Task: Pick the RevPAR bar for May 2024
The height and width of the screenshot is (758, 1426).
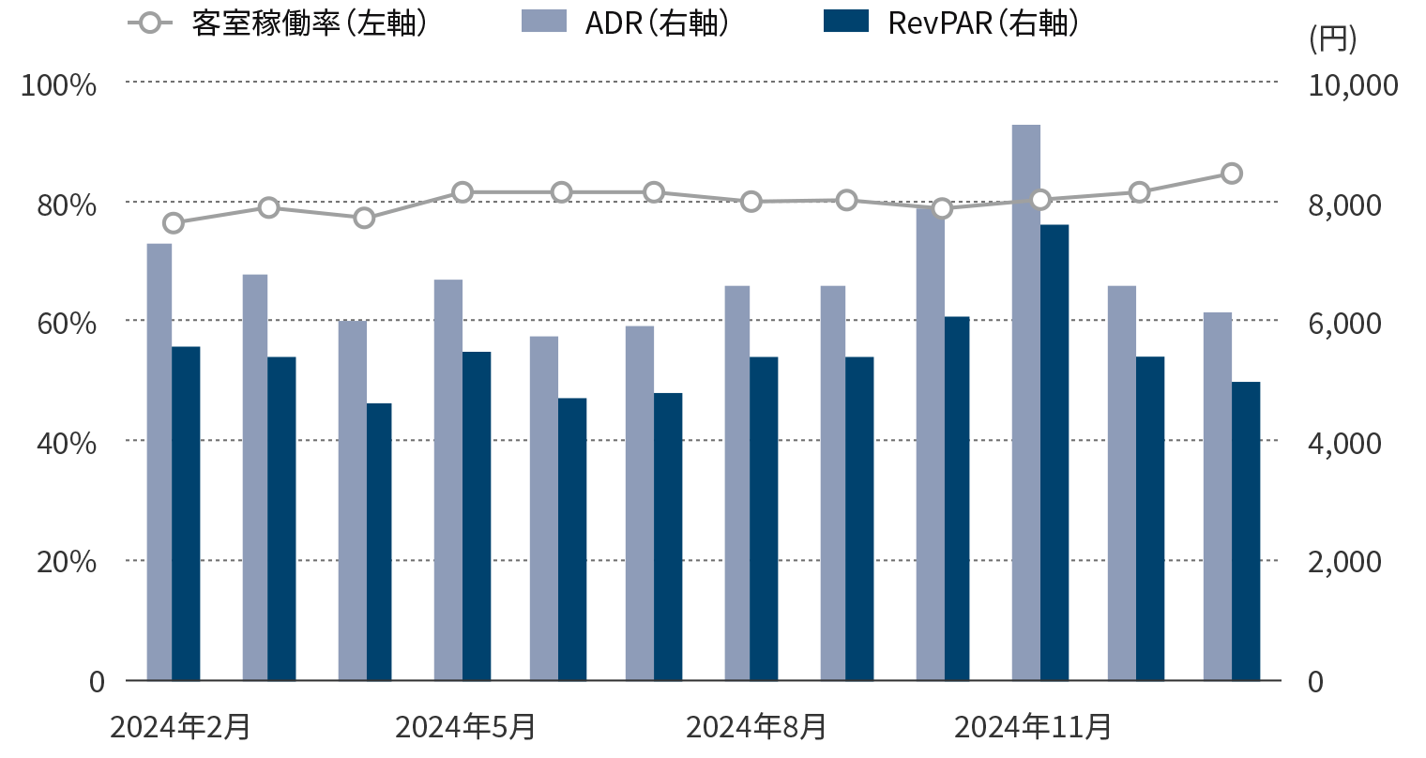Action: point(477,516)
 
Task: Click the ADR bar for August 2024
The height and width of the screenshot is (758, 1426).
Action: point(736,483)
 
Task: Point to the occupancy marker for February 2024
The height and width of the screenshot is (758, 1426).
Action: point(174,223)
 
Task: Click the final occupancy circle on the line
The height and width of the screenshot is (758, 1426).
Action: point(1232,174)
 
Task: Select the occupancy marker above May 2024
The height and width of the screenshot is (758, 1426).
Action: point(463,192)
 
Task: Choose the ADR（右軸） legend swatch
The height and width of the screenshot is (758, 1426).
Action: point(544,22)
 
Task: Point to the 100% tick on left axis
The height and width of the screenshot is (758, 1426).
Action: point(59,85)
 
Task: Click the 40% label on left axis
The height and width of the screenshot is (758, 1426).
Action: point(67,443)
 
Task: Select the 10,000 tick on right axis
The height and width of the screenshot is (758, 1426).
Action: point(1352,85)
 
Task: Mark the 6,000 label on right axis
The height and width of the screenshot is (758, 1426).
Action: point(1343,324)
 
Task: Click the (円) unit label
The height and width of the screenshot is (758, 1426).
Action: point(1332,39)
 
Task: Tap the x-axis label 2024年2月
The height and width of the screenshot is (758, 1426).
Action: point(180,727)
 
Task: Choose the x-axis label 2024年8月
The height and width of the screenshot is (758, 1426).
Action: point(756,727)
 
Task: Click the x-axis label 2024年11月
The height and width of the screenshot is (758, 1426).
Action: point(1033,727)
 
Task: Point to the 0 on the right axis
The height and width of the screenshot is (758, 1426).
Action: point(1315,682)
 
